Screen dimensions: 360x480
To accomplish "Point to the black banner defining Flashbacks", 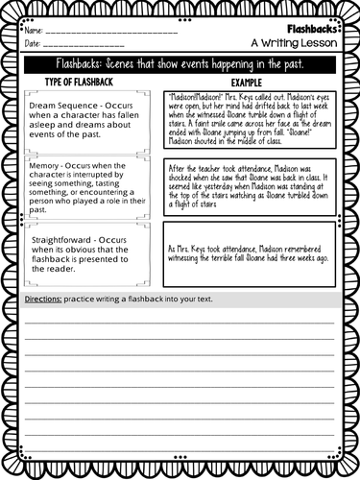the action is click(x=180, y=64).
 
